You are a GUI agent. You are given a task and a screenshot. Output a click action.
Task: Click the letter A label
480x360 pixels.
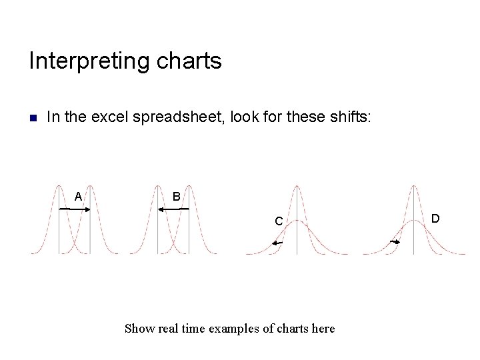(78, 197)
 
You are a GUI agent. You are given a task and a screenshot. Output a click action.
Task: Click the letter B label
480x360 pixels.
(176, 197)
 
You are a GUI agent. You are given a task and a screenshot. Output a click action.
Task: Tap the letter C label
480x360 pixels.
(279, 221)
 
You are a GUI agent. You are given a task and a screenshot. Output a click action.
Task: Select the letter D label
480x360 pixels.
(435, 218)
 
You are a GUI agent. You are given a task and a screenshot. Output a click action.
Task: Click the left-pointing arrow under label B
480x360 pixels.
(173, 209)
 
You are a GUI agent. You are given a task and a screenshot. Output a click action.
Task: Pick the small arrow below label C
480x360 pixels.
(277, 243)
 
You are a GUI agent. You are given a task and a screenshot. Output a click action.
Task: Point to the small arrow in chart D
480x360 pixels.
(395, 241)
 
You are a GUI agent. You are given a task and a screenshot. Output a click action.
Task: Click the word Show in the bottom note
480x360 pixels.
(139, 328)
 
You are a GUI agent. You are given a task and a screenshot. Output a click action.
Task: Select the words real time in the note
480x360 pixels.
(180, 328)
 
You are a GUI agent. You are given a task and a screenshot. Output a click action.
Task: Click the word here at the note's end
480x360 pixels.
(323, 328)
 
